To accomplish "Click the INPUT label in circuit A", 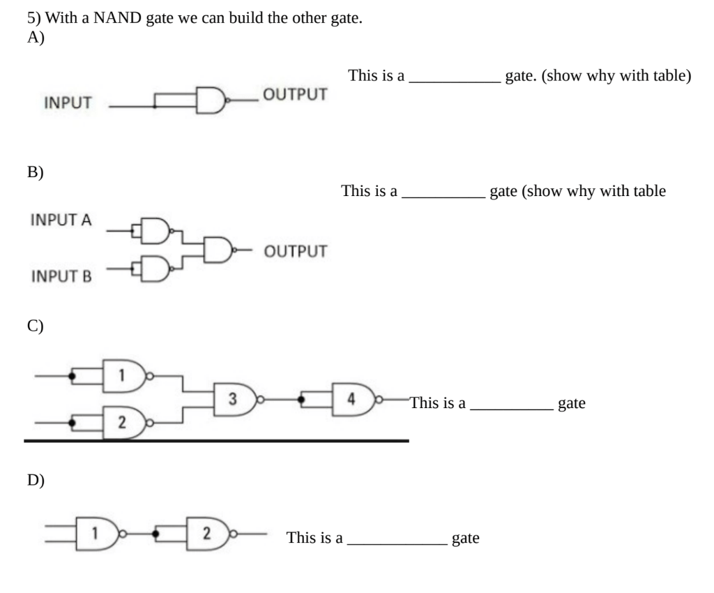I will pos(68,104).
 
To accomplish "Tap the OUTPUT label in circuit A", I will pos(294,94).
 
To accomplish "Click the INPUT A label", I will pos(61,220).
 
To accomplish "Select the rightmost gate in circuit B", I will pos(218,248).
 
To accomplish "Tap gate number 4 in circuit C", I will pos(353,400).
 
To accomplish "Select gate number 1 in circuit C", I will pos(123,377).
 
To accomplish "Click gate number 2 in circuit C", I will pos(123,423).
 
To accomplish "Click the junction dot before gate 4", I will pos(301,400).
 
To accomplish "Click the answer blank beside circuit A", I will pos(453,77).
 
